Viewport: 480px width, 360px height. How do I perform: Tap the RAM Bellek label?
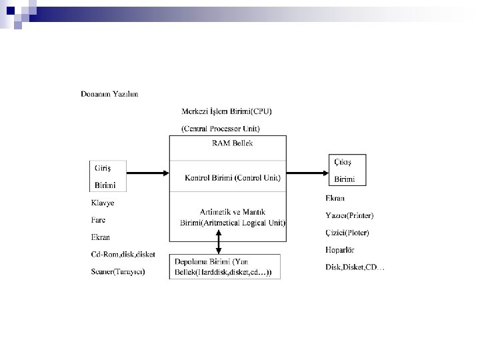point(233,143)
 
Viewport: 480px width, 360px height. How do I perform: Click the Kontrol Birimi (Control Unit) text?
point(233,178)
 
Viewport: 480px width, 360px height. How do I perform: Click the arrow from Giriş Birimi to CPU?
point(148,173)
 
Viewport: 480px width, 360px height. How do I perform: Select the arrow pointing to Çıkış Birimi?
point(307,173)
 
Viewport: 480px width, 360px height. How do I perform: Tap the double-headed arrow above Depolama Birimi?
point(219,242)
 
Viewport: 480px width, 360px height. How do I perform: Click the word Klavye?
point(103,203)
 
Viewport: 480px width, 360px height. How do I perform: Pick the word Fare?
point(98,220)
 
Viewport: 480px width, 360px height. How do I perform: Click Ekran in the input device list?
point(101,237)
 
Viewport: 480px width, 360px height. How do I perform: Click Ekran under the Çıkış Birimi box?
point(335,198)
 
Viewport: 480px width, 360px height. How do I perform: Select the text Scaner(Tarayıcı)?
point(118,271)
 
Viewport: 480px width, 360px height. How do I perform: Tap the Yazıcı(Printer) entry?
point(349,215)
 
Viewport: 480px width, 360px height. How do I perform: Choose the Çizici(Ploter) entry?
point(347,233)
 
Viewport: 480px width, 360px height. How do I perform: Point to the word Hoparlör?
point(340,250)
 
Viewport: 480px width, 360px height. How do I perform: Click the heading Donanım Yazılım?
point(109,94)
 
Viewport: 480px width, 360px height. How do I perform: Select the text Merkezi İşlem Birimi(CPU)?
point(227,111)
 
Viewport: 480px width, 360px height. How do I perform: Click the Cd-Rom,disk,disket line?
point(123,255)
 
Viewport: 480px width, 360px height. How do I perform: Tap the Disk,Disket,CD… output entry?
point(355,267)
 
